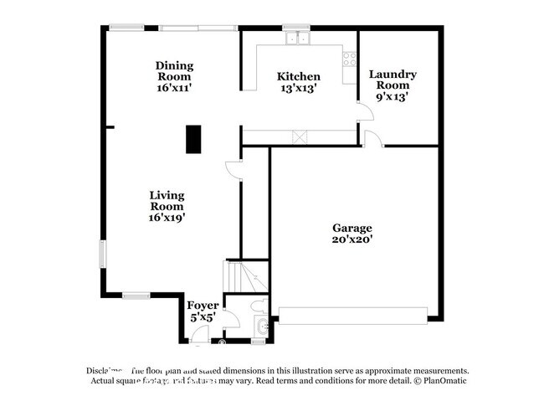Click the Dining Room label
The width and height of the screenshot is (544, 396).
pyautogui.click(x=174, y=71)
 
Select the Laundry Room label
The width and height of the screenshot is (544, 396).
pyautogui.click(x=393, y=80)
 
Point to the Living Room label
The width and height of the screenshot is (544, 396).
pyautogui.click(x=167, y=200)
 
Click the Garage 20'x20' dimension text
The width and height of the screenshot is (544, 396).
pyautogui.click(x=352, y=239)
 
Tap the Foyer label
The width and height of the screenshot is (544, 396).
pyautogui.click(x=203, y=306)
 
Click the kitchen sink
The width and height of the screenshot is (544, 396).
pyautogui.click(x=295, y=38)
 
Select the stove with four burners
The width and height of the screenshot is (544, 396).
pyautogui.click(x=349, y=58)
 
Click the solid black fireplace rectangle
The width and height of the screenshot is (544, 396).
pyautogui.click(x=193, y=139)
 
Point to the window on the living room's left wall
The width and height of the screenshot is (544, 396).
pyautogui.click(x=104, y=254)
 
